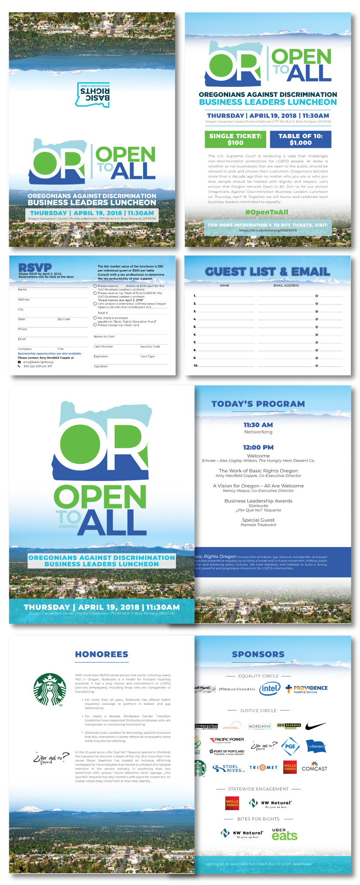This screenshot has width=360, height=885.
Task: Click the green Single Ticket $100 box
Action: click(235, 140)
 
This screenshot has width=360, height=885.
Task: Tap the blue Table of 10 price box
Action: click(300, 140)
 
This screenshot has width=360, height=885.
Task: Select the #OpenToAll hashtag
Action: click(266, 212)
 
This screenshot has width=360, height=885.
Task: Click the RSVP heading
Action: click(35, 267)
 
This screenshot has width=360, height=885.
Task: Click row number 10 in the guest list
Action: click(195, 366)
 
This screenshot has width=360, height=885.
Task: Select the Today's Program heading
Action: click(258, 404)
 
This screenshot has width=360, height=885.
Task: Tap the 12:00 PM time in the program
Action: click(258, 447)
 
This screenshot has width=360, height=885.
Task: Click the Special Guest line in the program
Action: click(258, 520)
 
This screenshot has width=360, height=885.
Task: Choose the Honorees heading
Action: click(102, 654)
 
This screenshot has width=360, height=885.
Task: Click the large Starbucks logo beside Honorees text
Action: click(50, 690)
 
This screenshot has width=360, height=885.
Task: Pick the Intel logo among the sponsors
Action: click(270, 689)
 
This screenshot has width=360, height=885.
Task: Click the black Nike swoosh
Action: click(316, 726)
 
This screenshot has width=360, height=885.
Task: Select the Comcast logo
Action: click(314, 767)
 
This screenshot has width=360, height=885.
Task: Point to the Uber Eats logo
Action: click(284, 834)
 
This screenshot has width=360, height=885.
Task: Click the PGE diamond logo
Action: click(290, 746)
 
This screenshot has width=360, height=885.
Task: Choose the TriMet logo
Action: click(263, 768)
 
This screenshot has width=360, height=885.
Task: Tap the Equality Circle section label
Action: click(258, 676)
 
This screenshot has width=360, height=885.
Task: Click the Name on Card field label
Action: click(104, 337)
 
